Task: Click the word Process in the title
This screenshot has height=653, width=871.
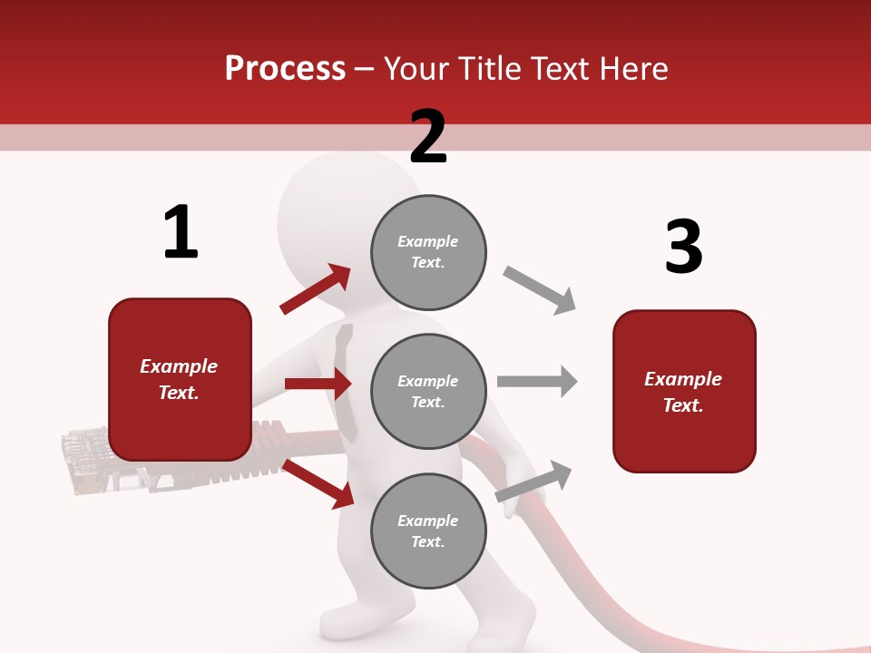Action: coord(285,69)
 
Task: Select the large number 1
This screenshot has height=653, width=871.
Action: coord(181,233)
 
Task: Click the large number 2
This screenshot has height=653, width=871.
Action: coord(428,137)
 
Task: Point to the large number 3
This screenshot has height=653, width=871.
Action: coord(683,247)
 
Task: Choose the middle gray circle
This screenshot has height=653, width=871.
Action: coord(428,392)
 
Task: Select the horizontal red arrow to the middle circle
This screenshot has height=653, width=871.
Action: coord(318,384)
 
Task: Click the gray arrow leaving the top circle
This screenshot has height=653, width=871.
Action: coord(540,290)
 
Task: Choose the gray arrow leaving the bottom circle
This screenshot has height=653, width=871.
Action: coord(534,481)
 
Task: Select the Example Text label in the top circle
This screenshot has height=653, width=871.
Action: coord(428,251)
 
